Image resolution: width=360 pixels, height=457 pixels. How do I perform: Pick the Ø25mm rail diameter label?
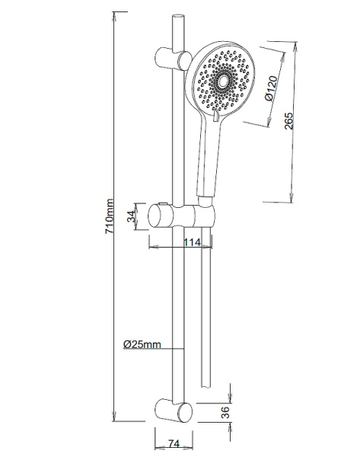click(x=142, y=344)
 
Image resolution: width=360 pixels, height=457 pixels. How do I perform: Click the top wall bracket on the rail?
click(x=171, y=59)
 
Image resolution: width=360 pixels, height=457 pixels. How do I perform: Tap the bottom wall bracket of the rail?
click(x=171, y=409)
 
